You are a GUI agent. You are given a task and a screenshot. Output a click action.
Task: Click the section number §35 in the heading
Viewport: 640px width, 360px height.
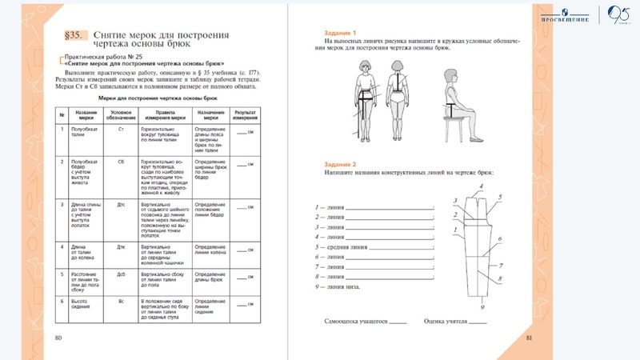coord(75,36)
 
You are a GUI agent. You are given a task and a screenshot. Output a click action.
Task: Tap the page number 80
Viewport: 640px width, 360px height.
coord(58,338)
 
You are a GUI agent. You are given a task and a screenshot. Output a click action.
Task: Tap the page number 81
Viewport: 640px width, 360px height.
coord(529,338)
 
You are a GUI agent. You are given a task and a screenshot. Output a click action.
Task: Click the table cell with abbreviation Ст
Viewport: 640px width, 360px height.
coord(121,129)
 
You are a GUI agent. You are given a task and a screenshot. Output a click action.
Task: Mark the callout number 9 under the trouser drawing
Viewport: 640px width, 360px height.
coord(482,306)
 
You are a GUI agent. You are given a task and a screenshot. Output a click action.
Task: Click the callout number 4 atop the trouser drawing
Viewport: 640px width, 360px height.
coord(481,186)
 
